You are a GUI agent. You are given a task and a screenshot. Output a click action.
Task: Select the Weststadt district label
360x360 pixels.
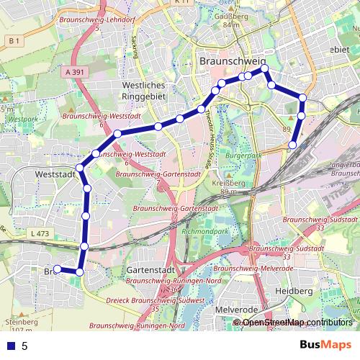pos(55,174)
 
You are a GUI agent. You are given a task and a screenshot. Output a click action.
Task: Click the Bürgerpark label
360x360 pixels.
pos(240,155)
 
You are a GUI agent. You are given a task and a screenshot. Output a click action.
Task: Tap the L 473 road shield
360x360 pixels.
pos(40,233)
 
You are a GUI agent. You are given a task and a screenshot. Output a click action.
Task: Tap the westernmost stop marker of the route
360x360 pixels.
pos(58,270)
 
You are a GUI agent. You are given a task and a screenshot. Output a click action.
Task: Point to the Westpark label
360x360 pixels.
pos(23,117)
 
